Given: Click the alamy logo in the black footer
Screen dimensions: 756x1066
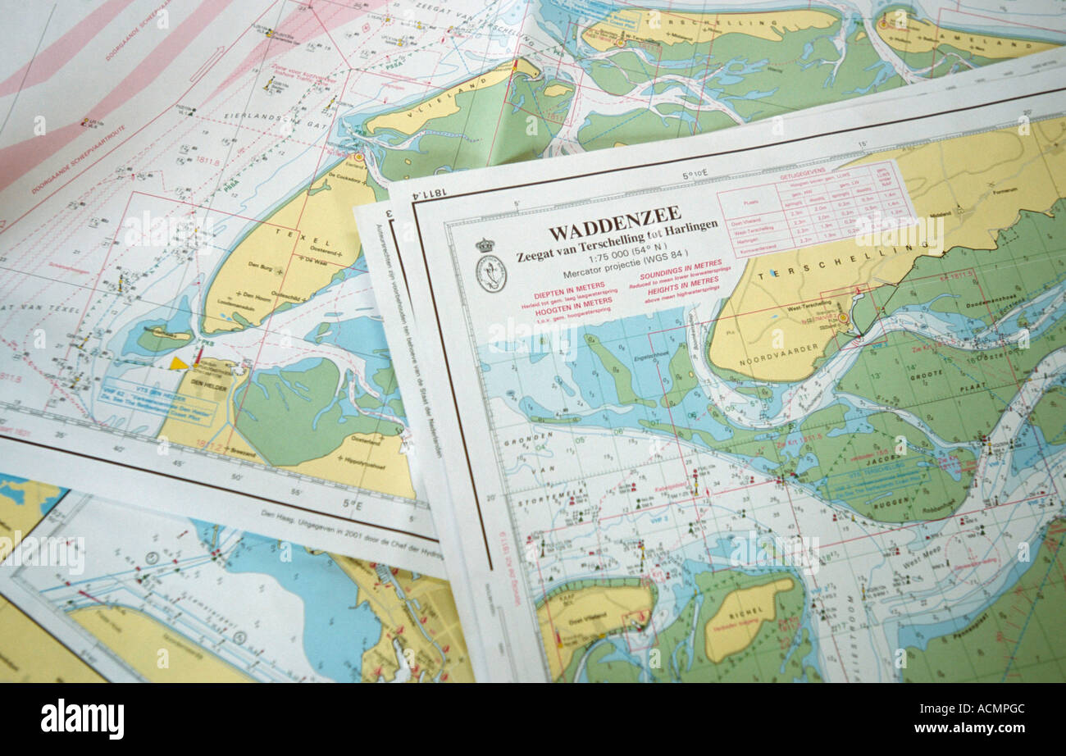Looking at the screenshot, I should (x=82, y=718).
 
